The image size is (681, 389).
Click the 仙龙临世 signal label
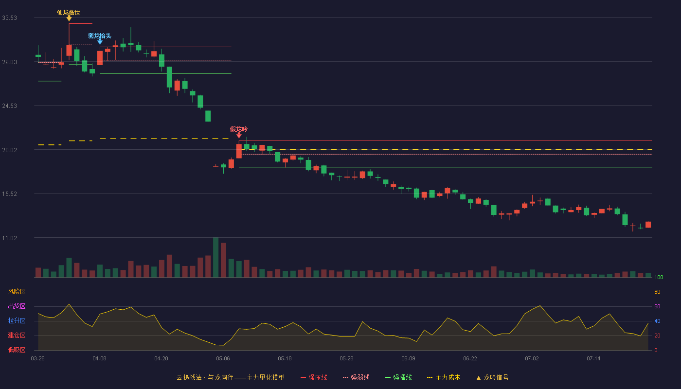pos(69,13)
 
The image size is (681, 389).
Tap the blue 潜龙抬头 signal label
pos(100,36)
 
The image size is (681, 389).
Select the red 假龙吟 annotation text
pos(239,129)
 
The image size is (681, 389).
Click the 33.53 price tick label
pos(9,18)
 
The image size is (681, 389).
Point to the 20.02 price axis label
pos(9,150)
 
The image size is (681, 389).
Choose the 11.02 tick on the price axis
pos(9,238)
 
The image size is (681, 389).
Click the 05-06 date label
pos(223,359)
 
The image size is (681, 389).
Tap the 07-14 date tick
pos(593,359)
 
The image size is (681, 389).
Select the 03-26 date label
pos(38,359)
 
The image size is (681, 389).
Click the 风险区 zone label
pos(17,292)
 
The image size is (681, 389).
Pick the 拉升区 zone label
pos(17,320)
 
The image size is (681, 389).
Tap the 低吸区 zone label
pos(17,350)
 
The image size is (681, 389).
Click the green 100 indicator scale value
pos(659,277)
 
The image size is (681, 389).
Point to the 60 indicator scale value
pos(657,306)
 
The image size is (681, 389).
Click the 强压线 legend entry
pos(314,377)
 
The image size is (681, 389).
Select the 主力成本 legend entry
pos(444,377)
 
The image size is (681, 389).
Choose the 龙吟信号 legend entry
pos(492,377)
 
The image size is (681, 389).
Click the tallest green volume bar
pos(215,257)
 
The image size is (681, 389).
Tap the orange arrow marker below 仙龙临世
pos(69,19)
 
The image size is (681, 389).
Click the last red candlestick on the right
pos(648,225)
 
